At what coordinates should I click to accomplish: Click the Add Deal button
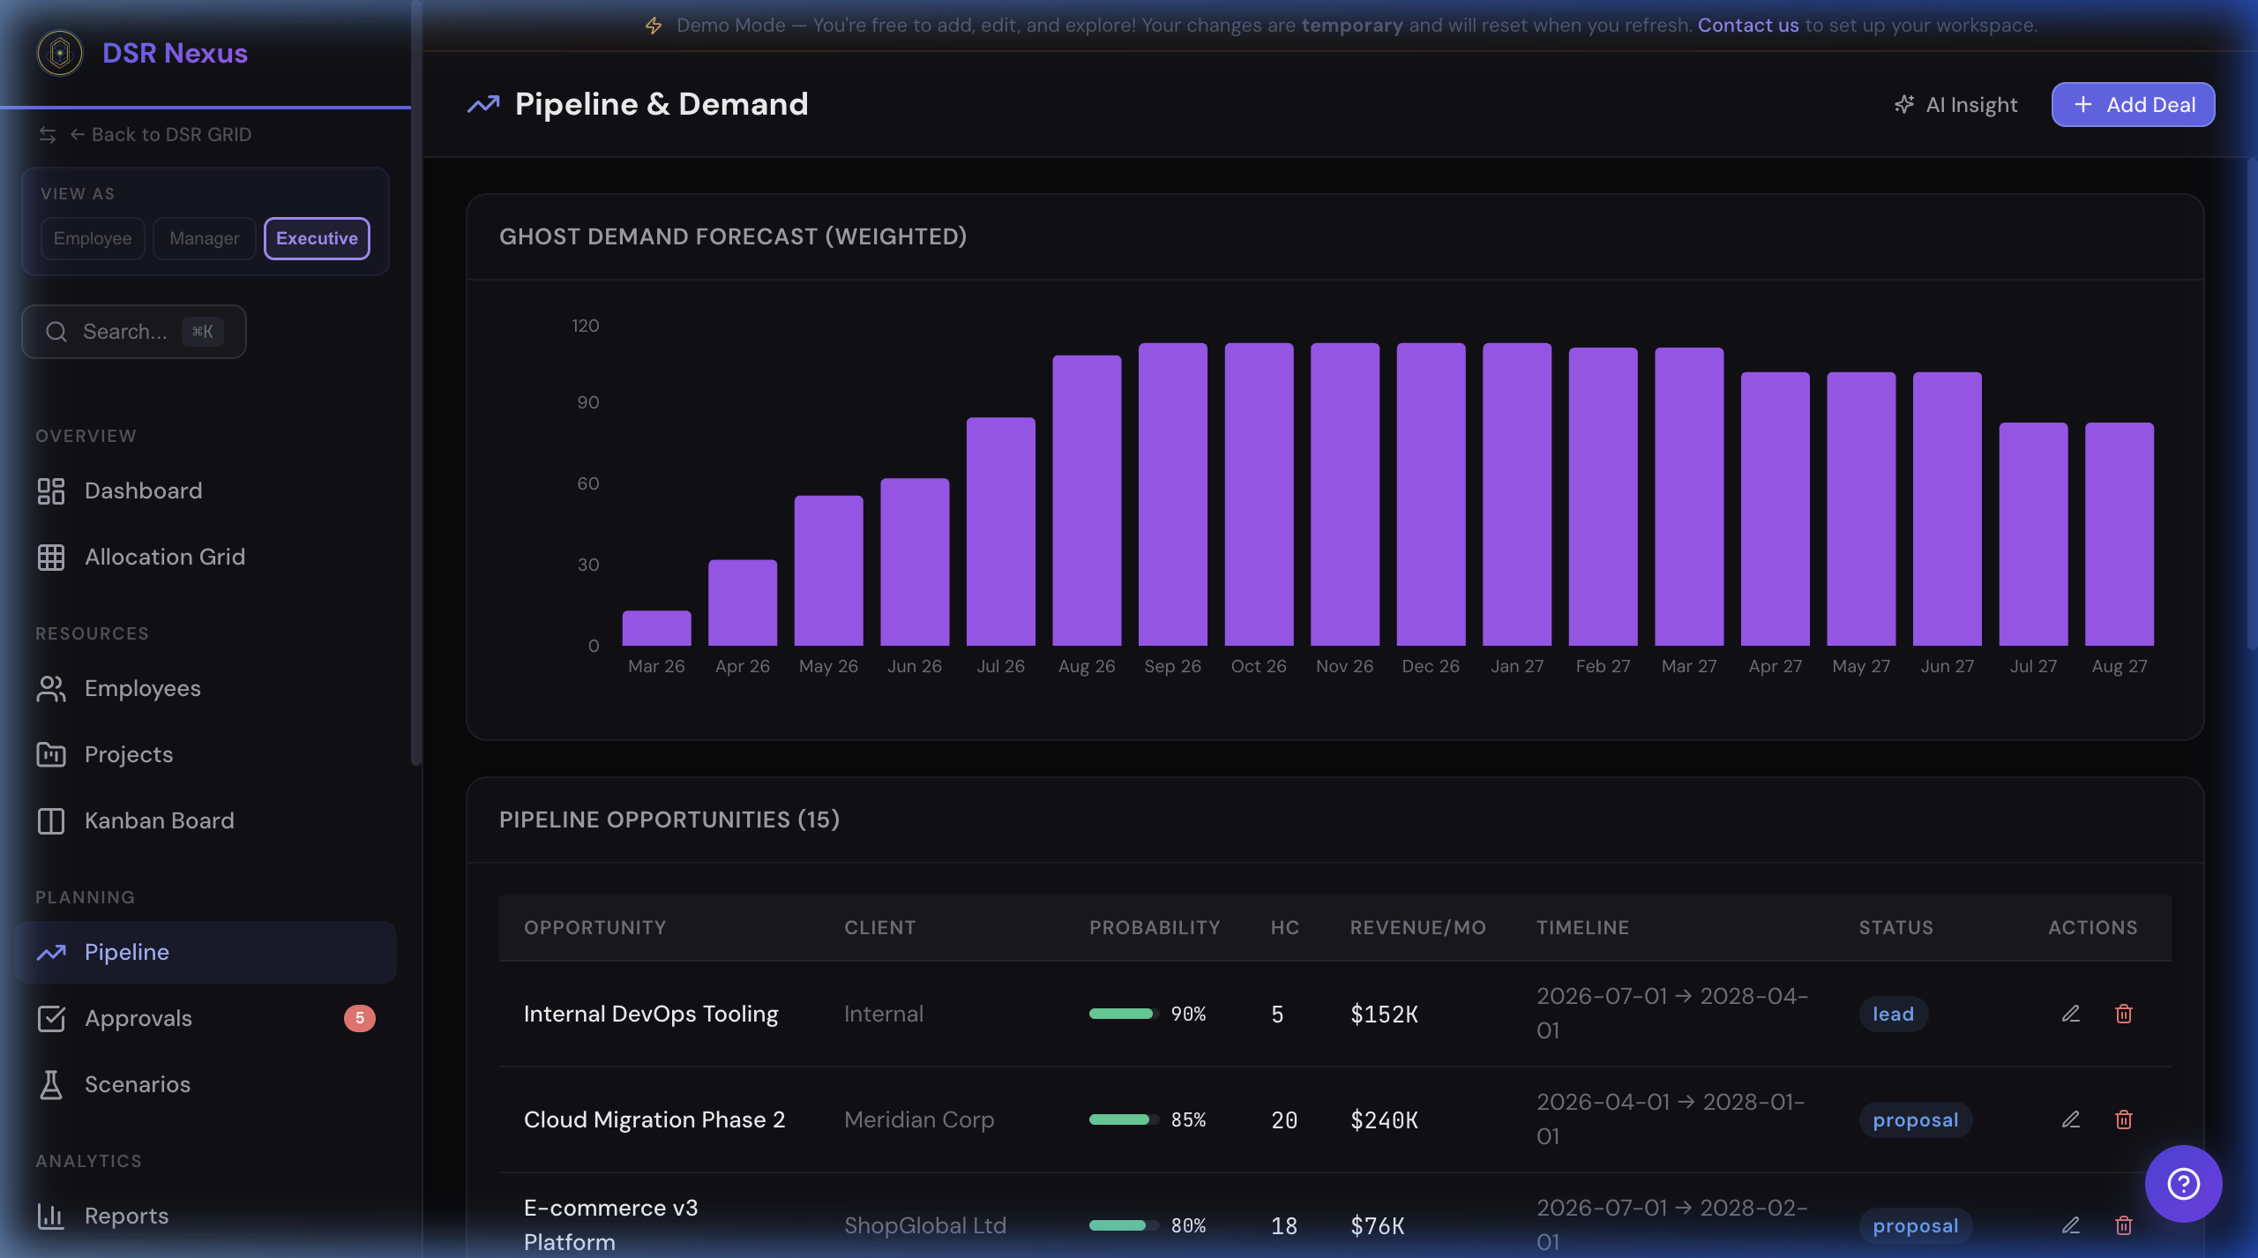2132,105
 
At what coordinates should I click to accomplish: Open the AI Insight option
1956,105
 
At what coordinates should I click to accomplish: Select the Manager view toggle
204,238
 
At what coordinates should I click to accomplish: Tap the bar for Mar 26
656,628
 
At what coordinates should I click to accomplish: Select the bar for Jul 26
1000,531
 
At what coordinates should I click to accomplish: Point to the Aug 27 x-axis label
2119,666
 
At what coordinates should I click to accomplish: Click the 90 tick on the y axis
587,402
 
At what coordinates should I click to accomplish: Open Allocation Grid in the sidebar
164,557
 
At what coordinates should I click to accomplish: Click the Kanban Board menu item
159,820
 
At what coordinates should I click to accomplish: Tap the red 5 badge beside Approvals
359,1018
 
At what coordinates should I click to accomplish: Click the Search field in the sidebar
133,332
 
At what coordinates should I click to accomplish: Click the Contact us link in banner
1747,25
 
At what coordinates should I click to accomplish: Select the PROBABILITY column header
1154,927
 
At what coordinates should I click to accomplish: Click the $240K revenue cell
1384,1119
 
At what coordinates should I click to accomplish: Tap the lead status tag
1893,1014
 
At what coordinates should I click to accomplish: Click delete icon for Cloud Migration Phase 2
2123,1119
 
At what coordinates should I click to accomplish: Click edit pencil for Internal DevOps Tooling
2070,1014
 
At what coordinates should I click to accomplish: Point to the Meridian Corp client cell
918,1119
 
